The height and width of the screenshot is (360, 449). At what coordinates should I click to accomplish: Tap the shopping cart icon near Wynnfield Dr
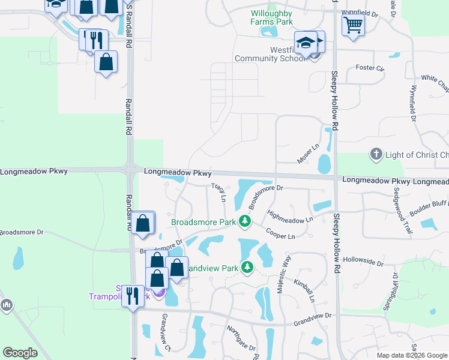point(353,25)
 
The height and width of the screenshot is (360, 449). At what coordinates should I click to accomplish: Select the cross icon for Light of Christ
point(376,155)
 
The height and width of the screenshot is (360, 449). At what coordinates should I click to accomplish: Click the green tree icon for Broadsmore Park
point(244,221)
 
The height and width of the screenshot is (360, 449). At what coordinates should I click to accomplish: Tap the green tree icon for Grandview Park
point(247,268)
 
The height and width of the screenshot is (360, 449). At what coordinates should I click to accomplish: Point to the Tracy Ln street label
point(220,192)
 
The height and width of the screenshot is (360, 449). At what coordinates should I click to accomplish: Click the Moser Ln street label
point(309,154)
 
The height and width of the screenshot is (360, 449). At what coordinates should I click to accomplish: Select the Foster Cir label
point(370,68)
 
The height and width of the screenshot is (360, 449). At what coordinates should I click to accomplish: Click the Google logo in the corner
point(20,352)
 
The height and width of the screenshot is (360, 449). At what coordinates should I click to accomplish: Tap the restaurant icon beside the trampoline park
point(133,296)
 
